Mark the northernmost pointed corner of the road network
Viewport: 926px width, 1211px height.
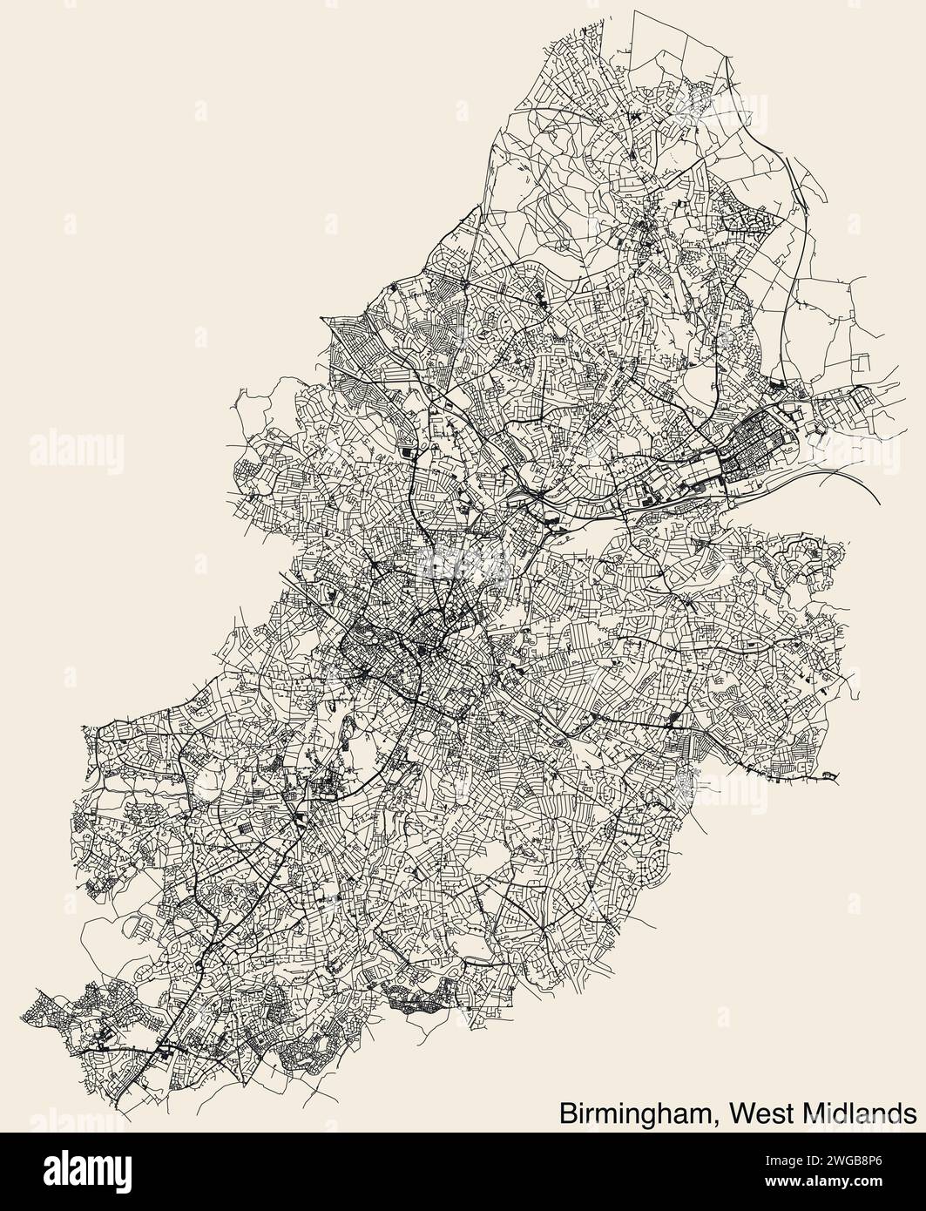point(635,11)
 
